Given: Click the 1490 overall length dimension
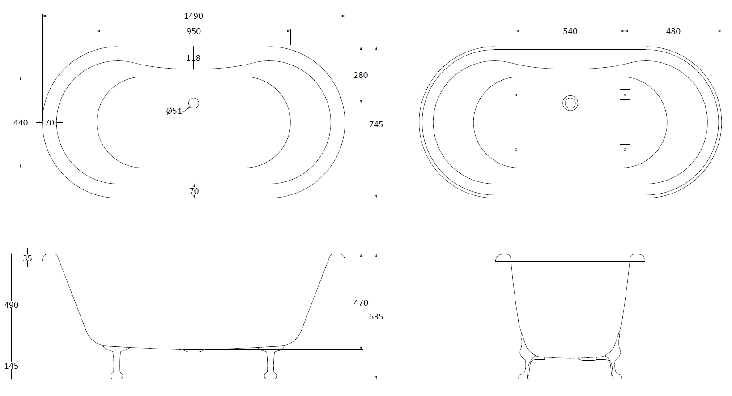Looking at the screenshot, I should point(193,16).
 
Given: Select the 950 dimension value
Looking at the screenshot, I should point(193,31).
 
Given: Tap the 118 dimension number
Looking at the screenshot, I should point(193,58).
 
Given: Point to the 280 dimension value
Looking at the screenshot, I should point(361,75).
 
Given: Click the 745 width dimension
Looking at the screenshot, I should point(376,125).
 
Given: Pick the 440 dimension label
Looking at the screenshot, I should point(21,122).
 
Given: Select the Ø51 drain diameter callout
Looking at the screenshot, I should point(174,111).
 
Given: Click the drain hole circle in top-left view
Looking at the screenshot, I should point(193,103).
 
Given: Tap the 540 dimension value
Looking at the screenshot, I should point(570,31).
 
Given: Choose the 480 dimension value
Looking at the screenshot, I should point(673,31).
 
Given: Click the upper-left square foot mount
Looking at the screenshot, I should point(516,95).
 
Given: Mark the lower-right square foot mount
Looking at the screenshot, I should point(625,150).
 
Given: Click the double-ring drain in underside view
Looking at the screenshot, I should point(570,103).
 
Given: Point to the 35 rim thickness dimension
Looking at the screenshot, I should point(27,258).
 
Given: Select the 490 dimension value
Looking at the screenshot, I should point(11,305).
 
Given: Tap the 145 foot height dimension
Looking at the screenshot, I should point(11,366).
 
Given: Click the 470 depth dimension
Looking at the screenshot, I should point(361,303).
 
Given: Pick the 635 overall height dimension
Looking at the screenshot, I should point(376,317).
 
